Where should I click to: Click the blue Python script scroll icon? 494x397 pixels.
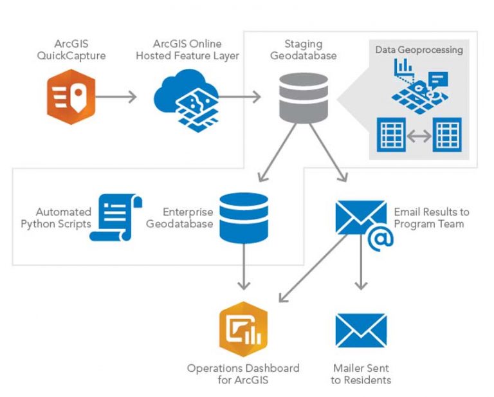click(115, 218)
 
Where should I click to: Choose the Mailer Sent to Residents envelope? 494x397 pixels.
click(361, 331)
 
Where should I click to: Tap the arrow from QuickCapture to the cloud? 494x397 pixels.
click(117, 97)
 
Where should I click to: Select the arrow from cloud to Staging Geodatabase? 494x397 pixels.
click(239, 97)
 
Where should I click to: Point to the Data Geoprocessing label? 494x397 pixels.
click(419, 50)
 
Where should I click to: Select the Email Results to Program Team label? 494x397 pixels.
click(431, 217)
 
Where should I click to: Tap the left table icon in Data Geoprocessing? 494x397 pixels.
click(392, 135)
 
